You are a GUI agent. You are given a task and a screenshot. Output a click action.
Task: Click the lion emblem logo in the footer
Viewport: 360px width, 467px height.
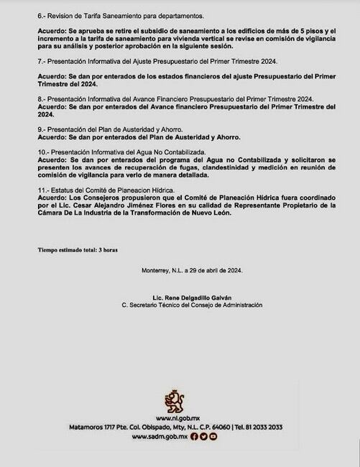(175, 402)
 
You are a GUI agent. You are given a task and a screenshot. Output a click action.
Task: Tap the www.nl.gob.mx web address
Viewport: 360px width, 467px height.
(176, 417)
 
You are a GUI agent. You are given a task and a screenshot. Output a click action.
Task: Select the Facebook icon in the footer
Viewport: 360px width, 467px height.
(195, 437)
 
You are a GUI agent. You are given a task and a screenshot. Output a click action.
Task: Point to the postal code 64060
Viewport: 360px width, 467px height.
(218, 427)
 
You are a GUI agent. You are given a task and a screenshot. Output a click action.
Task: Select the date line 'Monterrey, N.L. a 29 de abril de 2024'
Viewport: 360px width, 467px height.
(192, 270)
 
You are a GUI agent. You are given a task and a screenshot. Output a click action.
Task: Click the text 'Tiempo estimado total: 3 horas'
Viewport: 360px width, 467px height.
(78, 249)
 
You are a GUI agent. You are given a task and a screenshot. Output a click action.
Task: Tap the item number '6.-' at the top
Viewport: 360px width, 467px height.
(43, 15)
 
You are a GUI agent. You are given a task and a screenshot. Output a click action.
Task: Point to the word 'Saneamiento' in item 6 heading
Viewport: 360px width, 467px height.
(142, 15)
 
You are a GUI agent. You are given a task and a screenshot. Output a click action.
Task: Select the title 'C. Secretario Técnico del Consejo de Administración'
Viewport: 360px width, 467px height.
(192, 305)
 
